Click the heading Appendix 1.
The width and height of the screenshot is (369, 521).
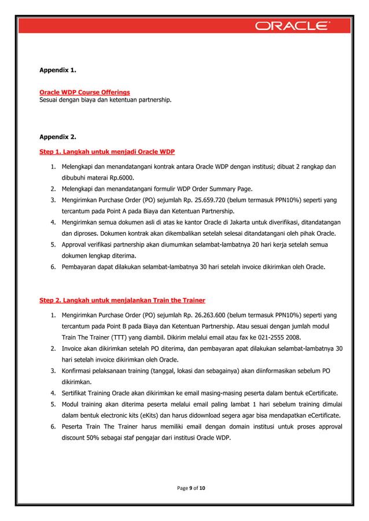coord(58,70)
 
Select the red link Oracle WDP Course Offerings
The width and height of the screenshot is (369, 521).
coord(84,92)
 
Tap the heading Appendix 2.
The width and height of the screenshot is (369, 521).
coord(58,137)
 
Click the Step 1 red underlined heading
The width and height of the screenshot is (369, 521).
coord(107,152)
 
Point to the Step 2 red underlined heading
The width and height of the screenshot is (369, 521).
coord(122,300)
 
